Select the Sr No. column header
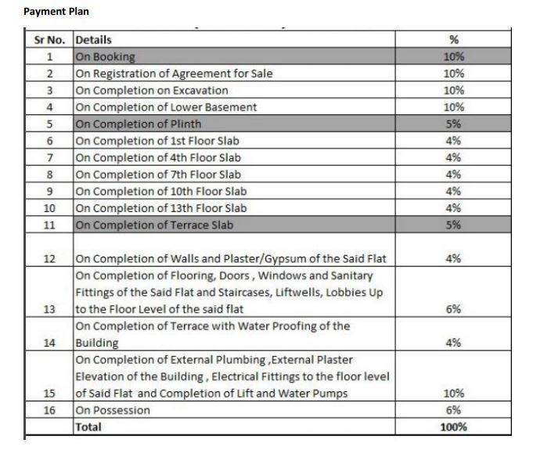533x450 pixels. (x=49, y=40)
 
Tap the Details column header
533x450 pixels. (x=93, y=40)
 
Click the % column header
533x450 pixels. (x=453, y=40)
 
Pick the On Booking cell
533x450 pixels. (x=106, y=57)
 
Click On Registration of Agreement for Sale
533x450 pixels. (x=174, y=74)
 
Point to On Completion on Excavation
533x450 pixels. (x=152, y=91)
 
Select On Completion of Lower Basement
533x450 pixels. (x=166, y=107)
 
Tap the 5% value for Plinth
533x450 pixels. (x=453, y=124)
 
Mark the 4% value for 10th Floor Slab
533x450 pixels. (x=453, y=192)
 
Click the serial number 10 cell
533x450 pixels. (x=49, y=208)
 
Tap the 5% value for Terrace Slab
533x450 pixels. (x=453, y=225)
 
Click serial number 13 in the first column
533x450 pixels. (x=49, y=309)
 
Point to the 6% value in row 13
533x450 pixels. (x=453, y=309)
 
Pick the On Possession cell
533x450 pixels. (x=113, y=410)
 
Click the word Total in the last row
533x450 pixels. (x=88, y=427)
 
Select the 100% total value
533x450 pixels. (x=453, y=427)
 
